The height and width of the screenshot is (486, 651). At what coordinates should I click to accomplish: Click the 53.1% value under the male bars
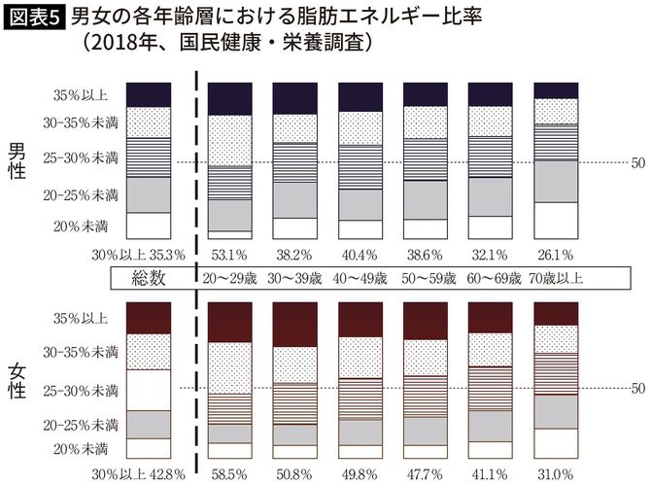tap(230, 256)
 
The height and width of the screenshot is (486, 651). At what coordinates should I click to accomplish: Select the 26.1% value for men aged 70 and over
tap(558, 256)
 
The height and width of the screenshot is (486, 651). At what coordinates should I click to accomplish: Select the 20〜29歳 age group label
tap(230, 278)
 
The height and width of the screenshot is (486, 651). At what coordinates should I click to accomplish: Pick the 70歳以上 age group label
tap(558, 278)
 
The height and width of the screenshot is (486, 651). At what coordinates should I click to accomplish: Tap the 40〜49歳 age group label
tap(360, 278)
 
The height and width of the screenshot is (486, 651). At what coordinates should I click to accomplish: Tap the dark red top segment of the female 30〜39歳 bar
tap(295, 324)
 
